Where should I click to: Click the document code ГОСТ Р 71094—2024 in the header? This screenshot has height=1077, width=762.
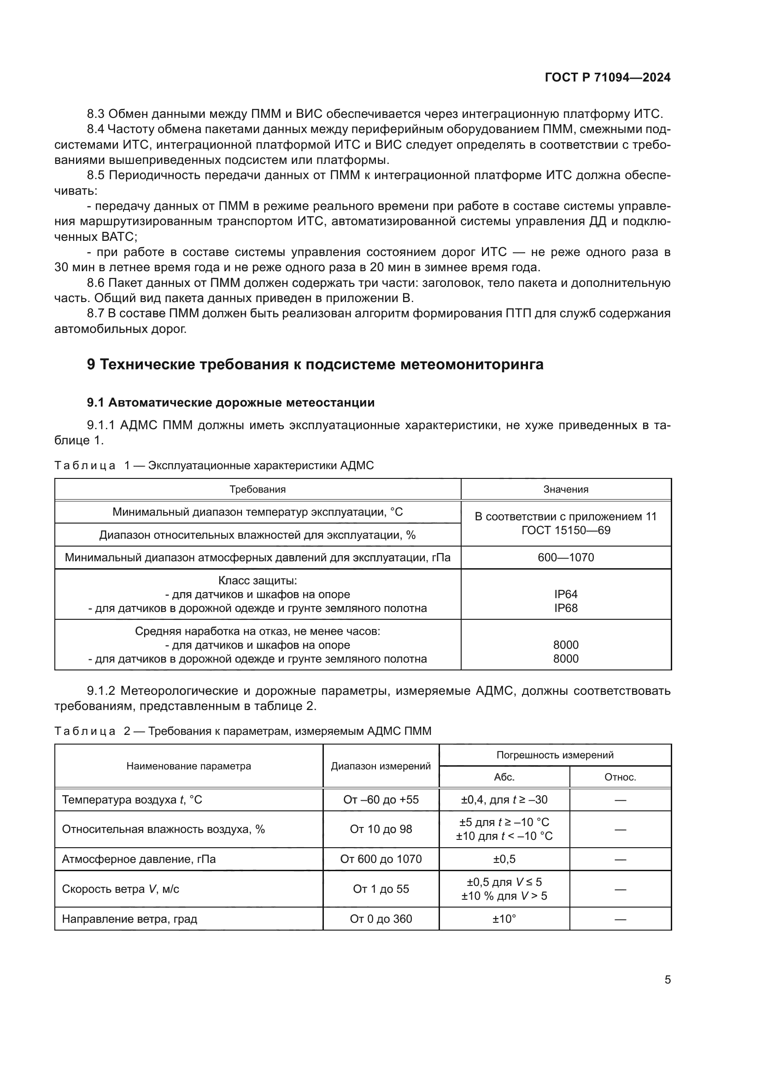coord(607,78)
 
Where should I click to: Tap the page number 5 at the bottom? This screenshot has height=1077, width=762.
coord(667,980)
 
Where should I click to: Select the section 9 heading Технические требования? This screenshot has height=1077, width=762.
coord(315,365)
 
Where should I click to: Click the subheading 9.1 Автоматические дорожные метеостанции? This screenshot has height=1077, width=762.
coord(230,402)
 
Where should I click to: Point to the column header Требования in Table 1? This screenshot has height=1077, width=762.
coord(257,489)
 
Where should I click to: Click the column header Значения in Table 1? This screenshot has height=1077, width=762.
coord(565,489)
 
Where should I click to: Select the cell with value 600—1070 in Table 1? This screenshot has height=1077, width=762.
coord(565,557)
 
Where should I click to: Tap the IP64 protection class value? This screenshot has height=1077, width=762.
coord(565,594)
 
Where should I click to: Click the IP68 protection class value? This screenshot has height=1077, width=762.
coord(565,608)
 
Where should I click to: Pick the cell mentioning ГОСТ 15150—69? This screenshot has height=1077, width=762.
coord(565,530)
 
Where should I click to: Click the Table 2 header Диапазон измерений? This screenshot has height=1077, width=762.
coord(381,766)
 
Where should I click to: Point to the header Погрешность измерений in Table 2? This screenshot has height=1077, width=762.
coord(555,755)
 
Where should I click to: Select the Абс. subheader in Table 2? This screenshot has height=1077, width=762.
coord(504,777)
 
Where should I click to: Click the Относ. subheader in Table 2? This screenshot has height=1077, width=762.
coord(620,777)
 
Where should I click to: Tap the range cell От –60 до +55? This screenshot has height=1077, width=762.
coord(381,799)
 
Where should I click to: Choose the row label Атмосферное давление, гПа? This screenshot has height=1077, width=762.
coord(139,859)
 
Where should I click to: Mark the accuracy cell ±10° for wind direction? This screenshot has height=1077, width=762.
coord(504,919)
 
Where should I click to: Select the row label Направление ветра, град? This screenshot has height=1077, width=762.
coord(129,919)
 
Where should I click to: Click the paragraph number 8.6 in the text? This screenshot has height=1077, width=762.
coord(97,283)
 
